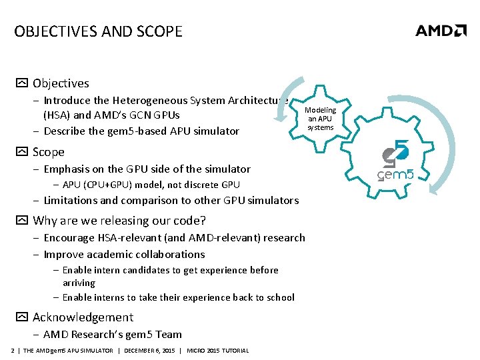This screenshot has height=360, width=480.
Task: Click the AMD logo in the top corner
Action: [441, 31]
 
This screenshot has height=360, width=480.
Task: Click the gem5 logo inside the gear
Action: [397, 162]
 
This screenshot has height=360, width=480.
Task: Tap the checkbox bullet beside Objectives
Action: [21, 83]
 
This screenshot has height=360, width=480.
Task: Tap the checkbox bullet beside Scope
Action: [21, 152]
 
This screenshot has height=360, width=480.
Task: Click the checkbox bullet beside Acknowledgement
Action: [21, 317]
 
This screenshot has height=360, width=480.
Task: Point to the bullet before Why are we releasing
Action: [21, 221]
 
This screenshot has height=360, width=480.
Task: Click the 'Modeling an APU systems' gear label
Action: [321, 119]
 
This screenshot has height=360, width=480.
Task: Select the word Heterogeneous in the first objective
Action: [151, 101]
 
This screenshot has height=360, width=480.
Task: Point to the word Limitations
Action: [69, 200]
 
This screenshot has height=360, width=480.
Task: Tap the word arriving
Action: [79, 283]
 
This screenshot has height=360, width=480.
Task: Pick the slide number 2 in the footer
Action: [13, 351]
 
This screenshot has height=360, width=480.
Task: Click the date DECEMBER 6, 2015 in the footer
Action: [150, 351]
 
